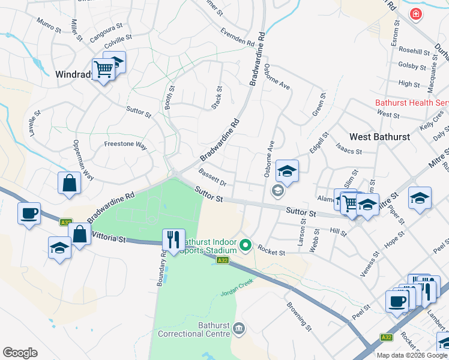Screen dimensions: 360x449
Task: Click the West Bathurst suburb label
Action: point(379,137)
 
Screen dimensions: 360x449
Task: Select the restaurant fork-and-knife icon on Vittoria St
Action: point(173,240)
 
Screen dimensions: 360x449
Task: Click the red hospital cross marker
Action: point(415,14)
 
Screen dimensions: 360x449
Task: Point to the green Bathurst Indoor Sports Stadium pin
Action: point(245,245)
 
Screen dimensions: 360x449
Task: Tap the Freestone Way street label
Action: point(125,145)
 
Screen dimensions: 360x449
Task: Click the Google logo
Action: point(20,353)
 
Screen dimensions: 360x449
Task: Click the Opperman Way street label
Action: point(83,161)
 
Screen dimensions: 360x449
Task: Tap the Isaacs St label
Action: point(349,148)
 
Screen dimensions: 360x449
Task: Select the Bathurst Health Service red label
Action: point(412,103)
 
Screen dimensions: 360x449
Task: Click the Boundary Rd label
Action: point(162,268)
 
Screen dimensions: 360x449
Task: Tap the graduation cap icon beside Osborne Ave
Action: point(287,171)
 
